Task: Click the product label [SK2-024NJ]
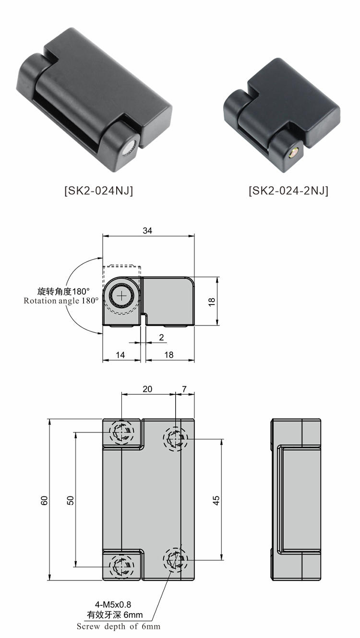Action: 98,190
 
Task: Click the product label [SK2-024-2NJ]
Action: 288,190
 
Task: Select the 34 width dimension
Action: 147,231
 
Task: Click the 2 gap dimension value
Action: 161,337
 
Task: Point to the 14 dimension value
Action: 120,355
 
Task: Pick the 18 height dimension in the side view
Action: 212,301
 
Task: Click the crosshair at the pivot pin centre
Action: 122,296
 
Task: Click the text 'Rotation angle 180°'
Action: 61,301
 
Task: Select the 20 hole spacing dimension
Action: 147,389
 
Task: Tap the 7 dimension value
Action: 185,389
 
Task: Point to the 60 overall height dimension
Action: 44,500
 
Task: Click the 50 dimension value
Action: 70,500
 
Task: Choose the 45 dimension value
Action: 216,500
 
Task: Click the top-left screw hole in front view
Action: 121,433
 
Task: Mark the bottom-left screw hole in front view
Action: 121,567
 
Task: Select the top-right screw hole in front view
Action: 175,438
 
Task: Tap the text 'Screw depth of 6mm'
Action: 119,626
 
